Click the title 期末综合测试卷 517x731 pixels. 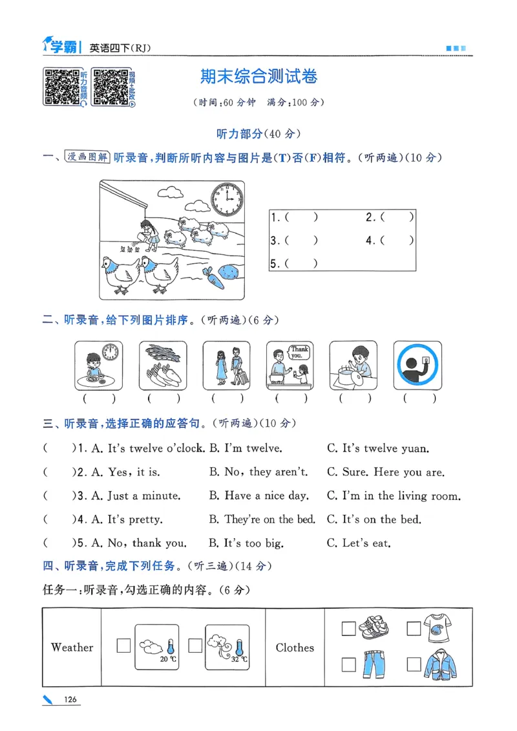coord(258,76)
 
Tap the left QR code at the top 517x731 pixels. coord(61,86)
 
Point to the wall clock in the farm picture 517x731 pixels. coord(227,199)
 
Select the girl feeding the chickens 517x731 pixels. coord(149,234)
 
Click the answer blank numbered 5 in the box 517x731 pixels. coord(295,263)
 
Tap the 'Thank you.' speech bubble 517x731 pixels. coord(297,353)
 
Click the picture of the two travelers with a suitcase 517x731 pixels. coord(226,365)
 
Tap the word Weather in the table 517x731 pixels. coord(72,648)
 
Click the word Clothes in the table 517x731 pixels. coord(295,648)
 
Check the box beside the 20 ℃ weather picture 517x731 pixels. coord(123,645)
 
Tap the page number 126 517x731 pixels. coord(70,699)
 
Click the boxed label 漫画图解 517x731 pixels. coord(87,157)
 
